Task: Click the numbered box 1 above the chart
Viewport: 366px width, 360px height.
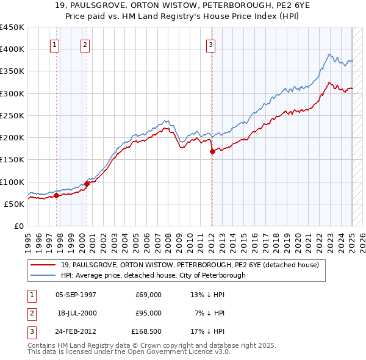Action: [x=55, y=44]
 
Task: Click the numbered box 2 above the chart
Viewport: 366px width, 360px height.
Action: [x=85, y=44]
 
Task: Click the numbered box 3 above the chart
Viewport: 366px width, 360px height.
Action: [x=210, y=44]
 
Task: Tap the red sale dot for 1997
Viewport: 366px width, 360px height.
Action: [x=56, y=196]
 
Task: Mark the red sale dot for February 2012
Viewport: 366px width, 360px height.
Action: [x=212, y=152]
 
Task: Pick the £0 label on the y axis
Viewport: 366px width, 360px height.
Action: [x=18, y=226]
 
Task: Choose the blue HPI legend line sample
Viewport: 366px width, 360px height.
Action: [x=43, y=275]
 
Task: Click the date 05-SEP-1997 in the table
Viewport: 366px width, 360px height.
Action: [x=76, y=294]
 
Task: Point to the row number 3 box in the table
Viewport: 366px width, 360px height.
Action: [x=30, y=332]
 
